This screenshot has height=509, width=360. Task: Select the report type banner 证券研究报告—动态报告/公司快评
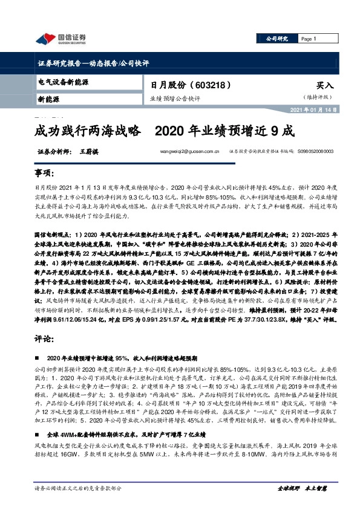point(89,63)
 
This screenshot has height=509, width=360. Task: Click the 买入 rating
point(326,86)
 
